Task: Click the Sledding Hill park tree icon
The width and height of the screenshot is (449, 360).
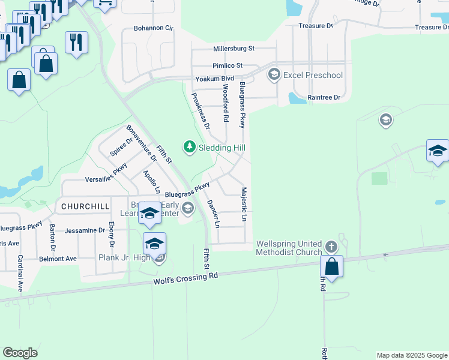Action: pyautogui.click(x=190, y=147)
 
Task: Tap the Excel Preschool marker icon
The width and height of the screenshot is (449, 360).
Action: pyautogui.click(x=274, y=75)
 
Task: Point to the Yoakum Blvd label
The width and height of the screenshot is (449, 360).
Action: pyautogui.click(x=214, y=79)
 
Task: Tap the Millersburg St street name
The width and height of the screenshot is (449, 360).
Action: pyautogui.click(x=234, y=49)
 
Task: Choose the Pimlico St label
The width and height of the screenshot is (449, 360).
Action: pyautogui.click(x=227, y=65)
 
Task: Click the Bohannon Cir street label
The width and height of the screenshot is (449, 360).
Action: pyautogui.click(x=153, y=28)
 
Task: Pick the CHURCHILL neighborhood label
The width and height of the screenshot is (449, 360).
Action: pyautogui.click(x=85, y=206)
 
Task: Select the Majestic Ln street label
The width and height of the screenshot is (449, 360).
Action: pyautogui.click(x=244, y=205)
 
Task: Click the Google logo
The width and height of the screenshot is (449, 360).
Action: pyautogui.click(x=20, y=353)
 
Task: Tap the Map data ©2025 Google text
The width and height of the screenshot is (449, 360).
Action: pyautogui.click(x=411, y=355)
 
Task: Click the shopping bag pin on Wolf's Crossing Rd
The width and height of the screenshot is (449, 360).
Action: pyautogui.click(x=332, y=267)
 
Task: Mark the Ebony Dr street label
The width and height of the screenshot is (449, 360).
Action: pyautogui.click(x=111, y=235)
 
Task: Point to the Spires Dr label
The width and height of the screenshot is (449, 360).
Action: pyautogui.click(x=121, y=147)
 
